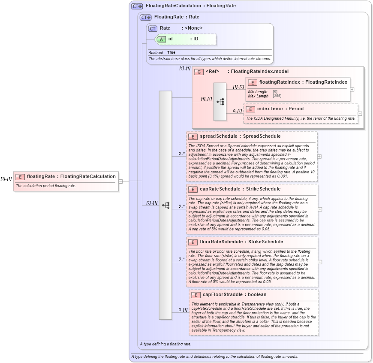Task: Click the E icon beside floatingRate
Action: [20, 176]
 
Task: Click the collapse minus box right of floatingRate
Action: [120, 181]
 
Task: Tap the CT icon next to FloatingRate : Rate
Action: [146, 18]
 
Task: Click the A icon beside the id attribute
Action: [161, 39]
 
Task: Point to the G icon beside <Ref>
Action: [199, 72]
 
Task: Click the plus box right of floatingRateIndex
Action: [352, 89]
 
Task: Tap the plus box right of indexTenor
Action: [360, 114]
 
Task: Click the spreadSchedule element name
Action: [219, 136]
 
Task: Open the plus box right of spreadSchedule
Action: [319, 156]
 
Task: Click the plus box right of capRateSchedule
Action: [319, 209]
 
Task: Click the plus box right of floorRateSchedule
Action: [319, 262]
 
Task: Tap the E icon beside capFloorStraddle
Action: [196, 295]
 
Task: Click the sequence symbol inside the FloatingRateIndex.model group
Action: [220, 102]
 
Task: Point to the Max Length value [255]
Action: [277, 96]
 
